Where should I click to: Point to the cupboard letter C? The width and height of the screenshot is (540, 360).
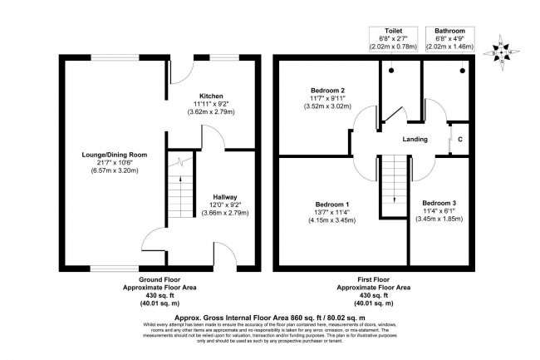coord(459,139)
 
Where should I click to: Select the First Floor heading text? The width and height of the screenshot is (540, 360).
coord(373,280)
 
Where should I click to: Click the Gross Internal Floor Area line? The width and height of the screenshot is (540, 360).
coord(270,316)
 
